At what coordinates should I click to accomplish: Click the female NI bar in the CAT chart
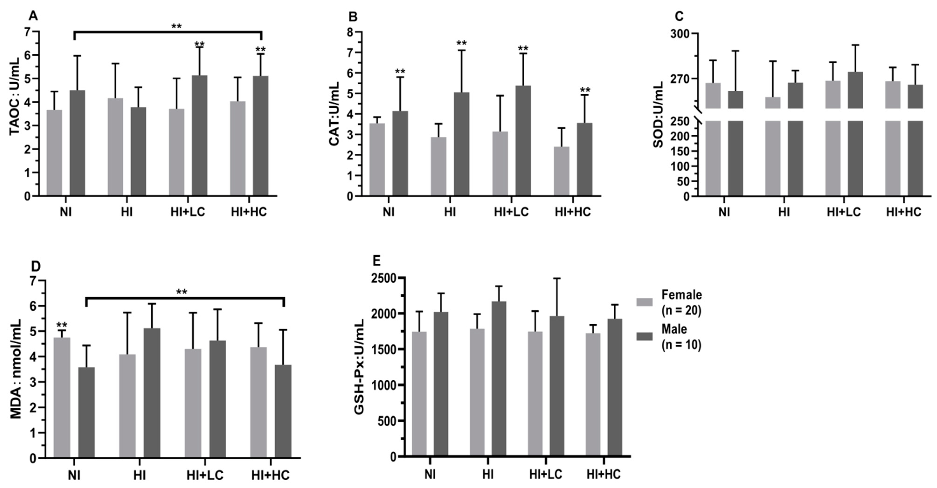tap(377, 160)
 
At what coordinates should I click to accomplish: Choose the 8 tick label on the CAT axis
tap(350, 32)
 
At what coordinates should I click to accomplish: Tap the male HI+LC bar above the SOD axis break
tap(855, 90)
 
